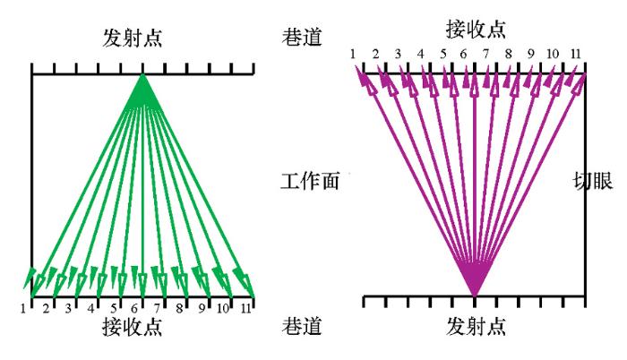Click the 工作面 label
click(x=310, y=181)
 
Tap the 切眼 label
click(x=593, y=181)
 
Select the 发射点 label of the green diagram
click(x=133, y=38)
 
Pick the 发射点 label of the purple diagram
click(x=476, y=326)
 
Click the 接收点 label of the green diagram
click(x=133, y=326)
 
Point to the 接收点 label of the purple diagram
click(x=476, y=30)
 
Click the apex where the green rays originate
click(x=142, y=75)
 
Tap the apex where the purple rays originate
click(x=475, y=296)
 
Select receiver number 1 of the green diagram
click(x=23, y=308)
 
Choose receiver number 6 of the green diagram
click(x=134, y=308)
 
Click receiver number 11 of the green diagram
click(x=246, y=308)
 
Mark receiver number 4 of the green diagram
click(x=90, y=308)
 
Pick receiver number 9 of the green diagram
click(x=202, y=308)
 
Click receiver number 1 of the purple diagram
click(x=352, y=54)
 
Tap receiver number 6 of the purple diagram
click(x=463, y=54)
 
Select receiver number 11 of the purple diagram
click(x=575, y=54)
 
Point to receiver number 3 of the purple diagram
click(x=398, y=54)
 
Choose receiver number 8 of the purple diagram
click(x=509, y=54)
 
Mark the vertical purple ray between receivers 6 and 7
click(x=475, y=184)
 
